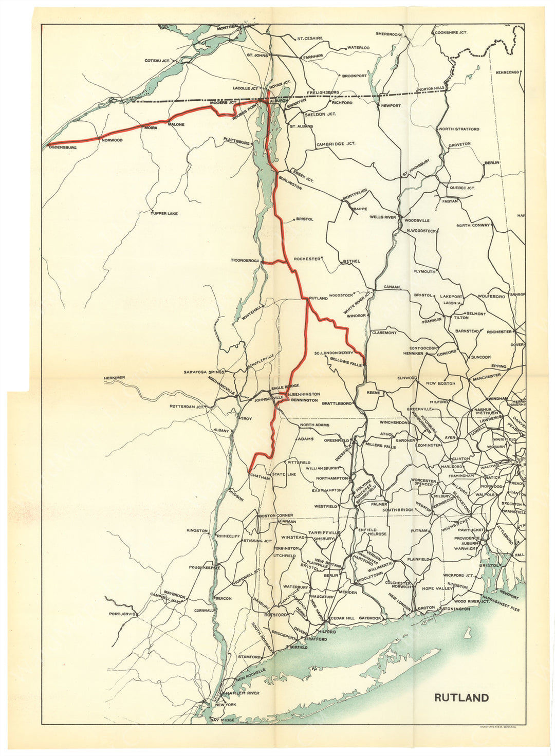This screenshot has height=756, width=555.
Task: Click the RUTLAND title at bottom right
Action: click(x=461, y=697)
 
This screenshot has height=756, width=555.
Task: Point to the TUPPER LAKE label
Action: click(x=164, y=213)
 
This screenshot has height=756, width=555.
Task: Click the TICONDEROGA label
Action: click(x=245, y=261)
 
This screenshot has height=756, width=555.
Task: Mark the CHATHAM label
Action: click(x=260, y=477)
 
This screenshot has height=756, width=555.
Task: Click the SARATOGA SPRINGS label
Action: click(x=205, y=372)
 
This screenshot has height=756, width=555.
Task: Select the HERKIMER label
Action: click(x=114, y=378)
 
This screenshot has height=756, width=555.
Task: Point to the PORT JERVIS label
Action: click(x=122, y=614)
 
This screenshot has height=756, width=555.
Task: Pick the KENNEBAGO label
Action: click(x=508, y=72)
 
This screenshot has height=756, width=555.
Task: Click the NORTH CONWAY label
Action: click(x=473, y=225)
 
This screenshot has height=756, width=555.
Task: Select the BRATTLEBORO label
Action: click(x=337, y=404)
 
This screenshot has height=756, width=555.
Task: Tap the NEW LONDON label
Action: click(x=400, y=600)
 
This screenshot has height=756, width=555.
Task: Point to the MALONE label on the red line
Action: click(x=176, y=124)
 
